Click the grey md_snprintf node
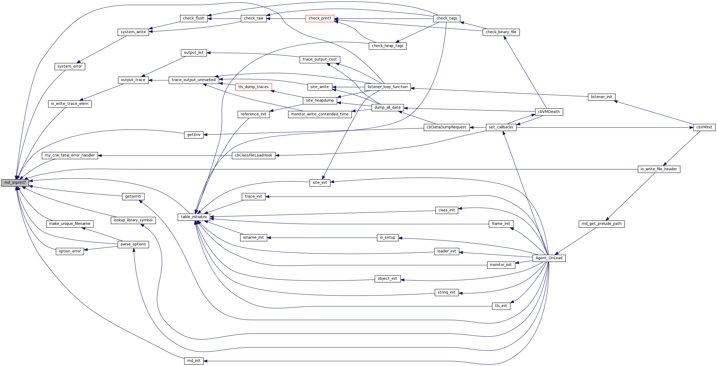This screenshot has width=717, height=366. tap(15, 183)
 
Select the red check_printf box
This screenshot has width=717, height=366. tap(320, 18)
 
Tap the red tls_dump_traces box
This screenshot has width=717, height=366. tap(253, 87)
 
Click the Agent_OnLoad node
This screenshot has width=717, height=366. tap(549, 258)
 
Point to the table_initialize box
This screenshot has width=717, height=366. tap(194, 217)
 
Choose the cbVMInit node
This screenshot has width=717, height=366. tap(704, 128)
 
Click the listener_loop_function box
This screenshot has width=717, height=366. tap(388, 87)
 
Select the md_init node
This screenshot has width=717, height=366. tap(194, 361)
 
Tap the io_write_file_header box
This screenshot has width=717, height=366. tap(659, 169)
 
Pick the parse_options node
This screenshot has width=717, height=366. tap(133, 244)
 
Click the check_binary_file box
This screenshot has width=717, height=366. tap(501, 32)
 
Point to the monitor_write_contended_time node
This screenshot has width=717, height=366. tap(320, 114)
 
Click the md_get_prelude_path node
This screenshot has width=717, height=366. tap(602, 224)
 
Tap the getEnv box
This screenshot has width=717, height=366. tap(194, 135)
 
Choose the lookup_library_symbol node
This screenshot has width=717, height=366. tap(133, 220)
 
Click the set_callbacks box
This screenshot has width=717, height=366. tap(501, 127)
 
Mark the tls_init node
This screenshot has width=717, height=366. tap(501, 306)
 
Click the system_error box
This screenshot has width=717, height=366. tap(69, 66)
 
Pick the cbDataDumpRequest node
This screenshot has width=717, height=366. tap(446, 127)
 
